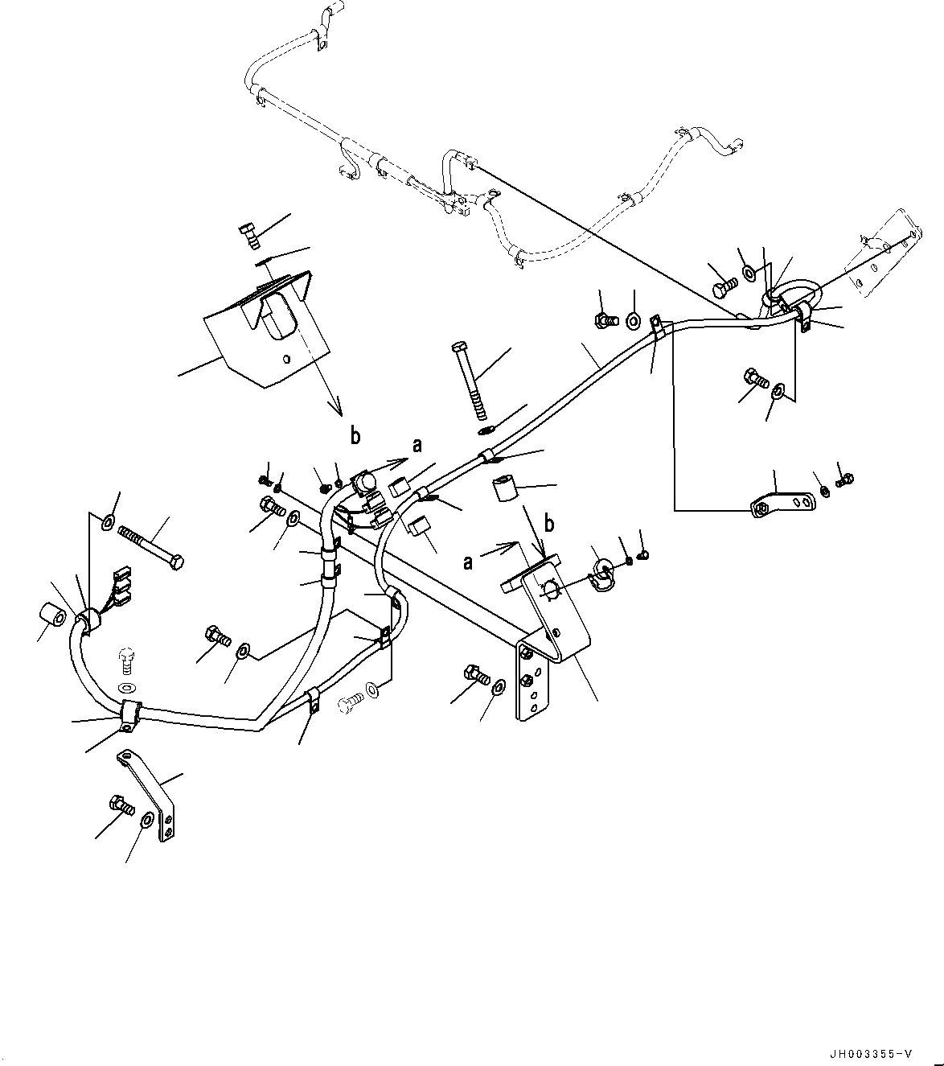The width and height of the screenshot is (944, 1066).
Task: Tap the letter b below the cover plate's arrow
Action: (x=355, y=436)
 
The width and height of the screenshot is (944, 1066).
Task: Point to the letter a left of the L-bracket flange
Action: (x=468, y=562)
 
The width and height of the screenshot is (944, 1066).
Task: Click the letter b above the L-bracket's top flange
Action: (x=550, y=525)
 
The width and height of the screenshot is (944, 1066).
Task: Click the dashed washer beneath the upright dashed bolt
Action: (x=126, y=688)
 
